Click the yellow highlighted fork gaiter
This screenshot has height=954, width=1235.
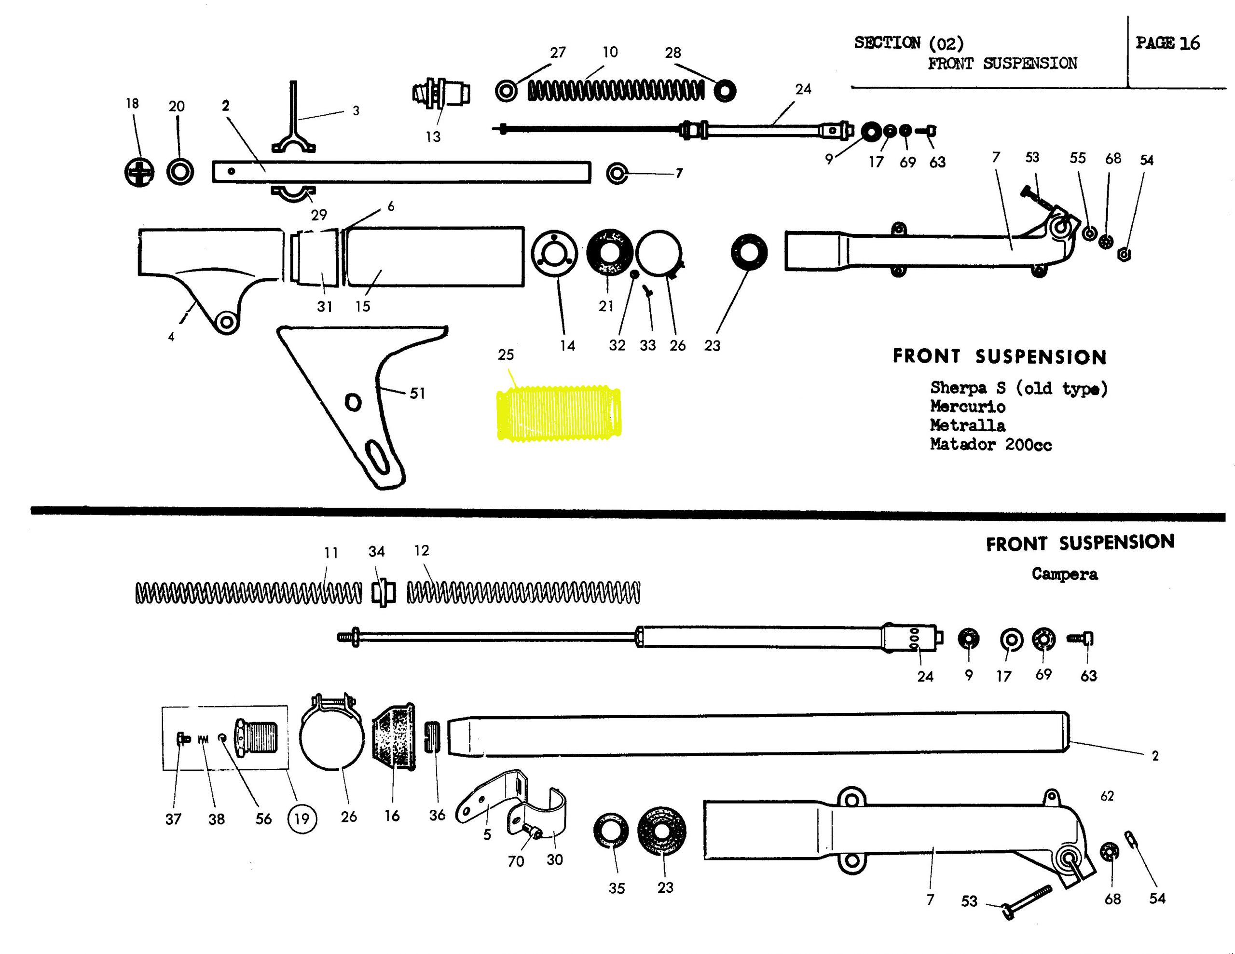[x=559, y=413]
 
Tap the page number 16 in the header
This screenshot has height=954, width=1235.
[x=1189, y=43]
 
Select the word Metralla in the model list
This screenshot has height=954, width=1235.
[x=968, y=425]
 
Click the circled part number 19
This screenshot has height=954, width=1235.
[x=302, y=818]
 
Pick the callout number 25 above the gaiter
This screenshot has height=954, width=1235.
[x=506, y=354]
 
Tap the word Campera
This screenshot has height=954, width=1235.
[x=1065, y=574]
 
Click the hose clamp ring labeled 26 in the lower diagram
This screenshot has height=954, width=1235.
[x=331, y=735]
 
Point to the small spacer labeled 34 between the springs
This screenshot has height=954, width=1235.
[x=384, y=593]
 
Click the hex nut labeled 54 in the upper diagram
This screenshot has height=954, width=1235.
[x=1125, y=255]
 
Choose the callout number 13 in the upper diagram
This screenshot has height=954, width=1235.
[x=433, y=136]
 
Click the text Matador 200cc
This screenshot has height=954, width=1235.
[x=991, y=445]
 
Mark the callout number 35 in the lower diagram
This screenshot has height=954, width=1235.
[x=617, y=888]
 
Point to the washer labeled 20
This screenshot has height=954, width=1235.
[x=180, y=171]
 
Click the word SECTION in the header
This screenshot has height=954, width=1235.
[x=887, y=43]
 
